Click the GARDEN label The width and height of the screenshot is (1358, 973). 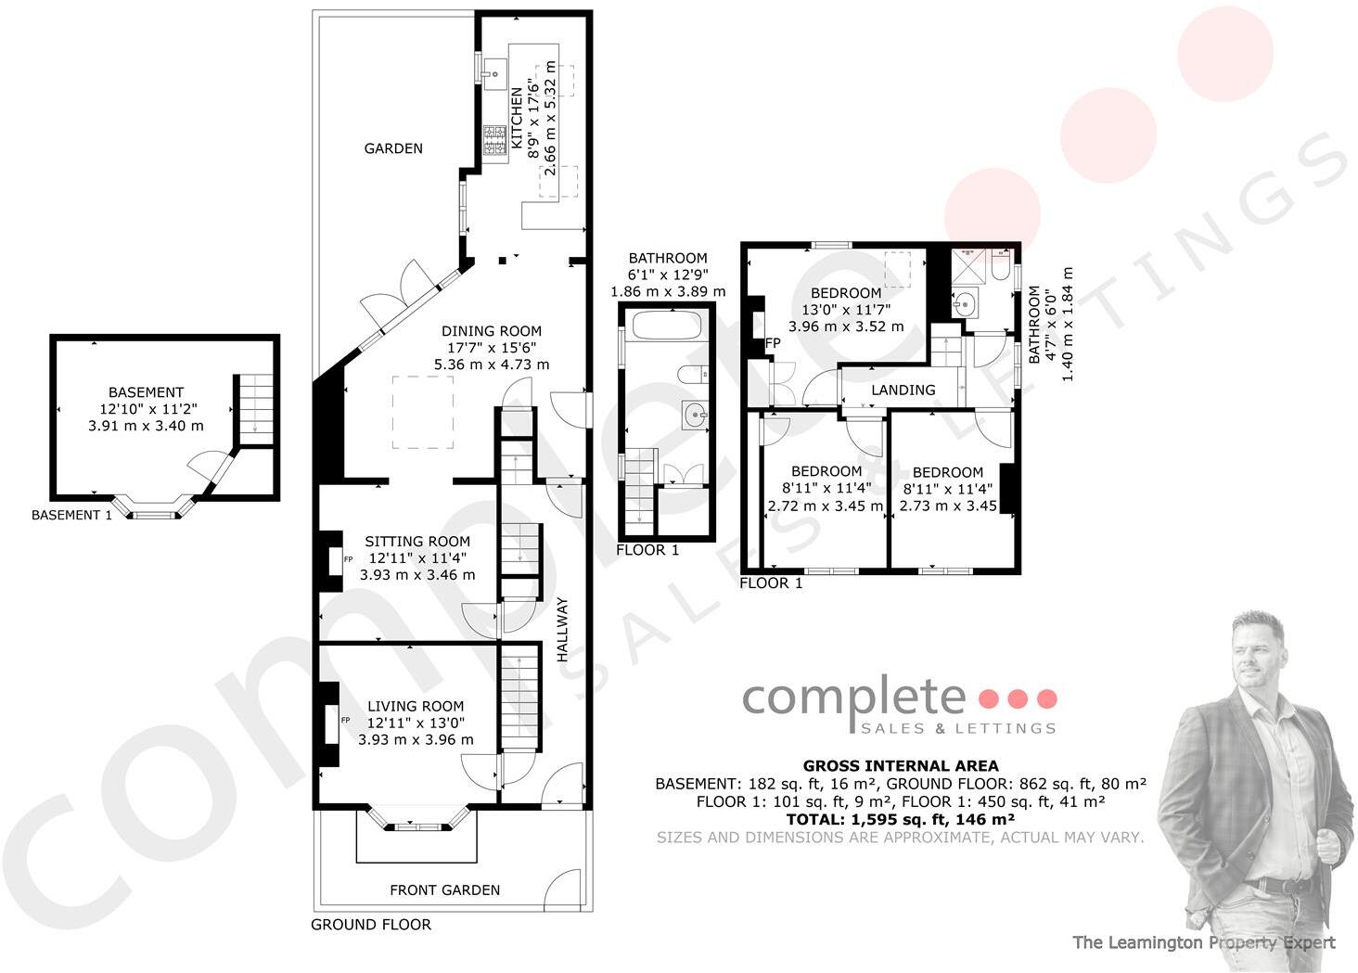[393, 148]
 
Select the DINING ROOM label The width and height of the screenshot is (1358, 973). [491, 331]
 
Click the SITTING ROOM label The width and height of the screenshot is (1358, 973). [416, 542]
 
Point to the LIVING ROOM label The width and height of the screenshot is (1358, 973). [416, 707]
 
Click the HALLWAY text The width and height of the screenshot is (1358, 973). [562, 630]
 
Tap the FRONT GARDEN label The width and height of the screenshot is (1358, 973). [444, 890]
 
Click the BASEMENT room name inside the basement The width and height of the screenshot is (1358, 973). [146, 392]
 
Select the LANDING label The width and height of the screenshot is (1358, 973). [903, 390]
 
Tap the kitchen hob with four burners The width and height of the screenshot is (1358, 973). [493, 140]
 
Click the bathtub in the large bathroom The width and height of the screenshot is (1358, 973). [666, 326]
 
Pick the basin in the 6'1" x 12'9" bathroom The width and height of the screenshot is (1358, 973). [694, 416]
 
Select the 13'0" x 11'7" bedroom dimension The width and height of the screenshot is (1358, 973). [844, 310]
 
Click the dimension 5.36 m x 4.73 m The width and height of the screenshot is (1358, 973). [491, 365]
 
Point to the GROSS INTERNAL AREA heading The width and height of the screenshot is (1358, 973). [900, 766]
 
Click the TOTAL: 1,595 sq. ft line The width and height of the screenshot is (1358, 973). [900, 820]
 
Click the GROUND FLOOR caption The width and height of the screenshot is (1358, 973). [370, 925]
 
